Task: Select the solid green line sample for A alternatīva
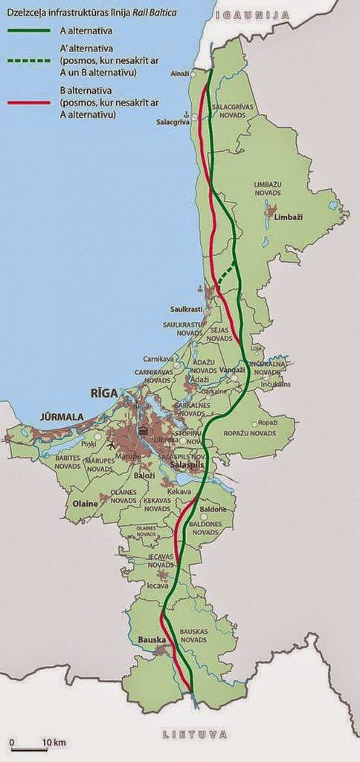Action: [x=29, y=32]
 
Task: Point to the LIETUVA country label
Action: [x=194, y=734]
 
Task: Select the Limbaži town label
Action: [x=288, y=227]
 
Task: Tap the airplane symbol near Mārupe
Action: [x=111, y=446]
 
